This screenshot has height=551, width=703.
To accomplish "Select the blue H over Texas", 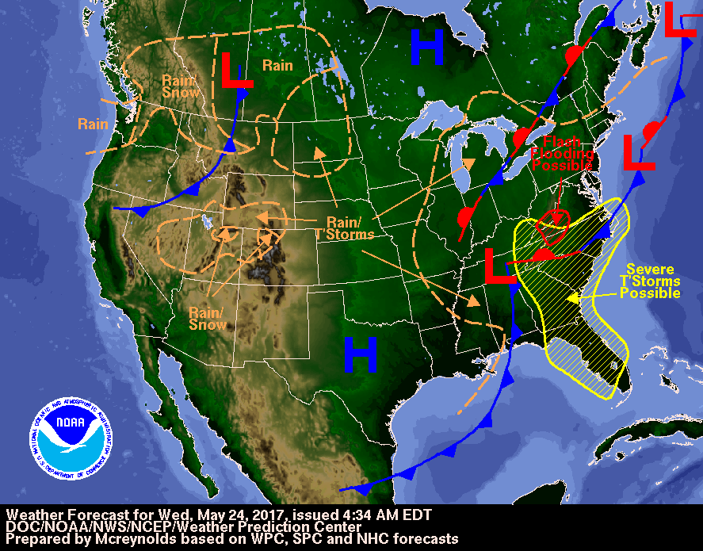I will (360, 354).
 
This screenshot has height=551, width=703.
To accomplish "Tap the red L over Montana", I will (235, 71).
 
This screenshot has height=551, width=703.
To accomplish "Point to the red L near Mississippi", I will (499, 266).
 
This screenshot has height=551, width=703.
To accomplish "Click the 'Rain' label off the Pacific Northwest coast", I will (94, 124).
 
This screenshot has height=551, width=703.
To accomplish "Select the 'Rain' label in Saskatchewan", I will (277, 65).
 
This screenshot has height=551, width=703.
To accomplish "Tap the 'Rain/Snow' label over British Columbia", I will (177, 86).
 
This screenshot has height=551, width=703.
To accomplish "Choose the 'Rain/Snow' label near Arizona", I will (207, 318).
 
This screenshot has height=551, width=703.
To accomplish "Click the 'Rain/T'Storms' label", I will (345, 228).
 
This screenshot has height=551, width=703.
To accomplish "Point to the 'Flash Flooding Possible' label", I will (561, 154).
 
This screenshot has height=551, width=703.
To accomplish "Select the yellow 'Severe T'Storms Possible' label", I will (650, 281).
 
